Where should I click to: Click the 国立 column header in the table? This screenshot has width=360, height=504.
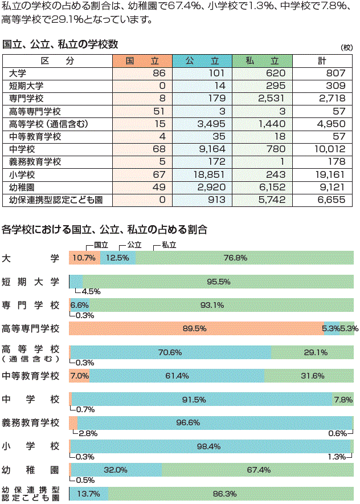click(142, 60)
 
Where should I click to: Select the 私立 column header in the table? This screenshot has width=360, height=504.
click(263, 60)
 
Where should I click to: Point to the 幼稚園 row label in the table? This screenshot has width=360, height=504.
click(22, 186)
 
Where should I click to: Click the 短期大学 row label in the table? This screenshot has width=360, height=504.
click(26, 86)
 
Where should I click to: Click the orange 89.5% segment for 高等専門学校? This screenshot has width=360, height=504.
click(194, 328)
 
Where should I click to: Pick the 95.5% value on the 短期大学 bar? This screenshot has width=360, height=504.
click(218, 282)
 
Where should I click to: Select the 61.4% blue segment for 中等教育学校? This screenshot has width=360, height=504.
click(177, 376)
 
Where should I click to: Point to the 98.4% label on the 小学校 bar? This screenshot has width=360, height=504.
click(208, 446)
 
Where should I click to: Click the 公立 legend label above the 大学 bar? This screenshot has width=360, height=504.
click(134, 244)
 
